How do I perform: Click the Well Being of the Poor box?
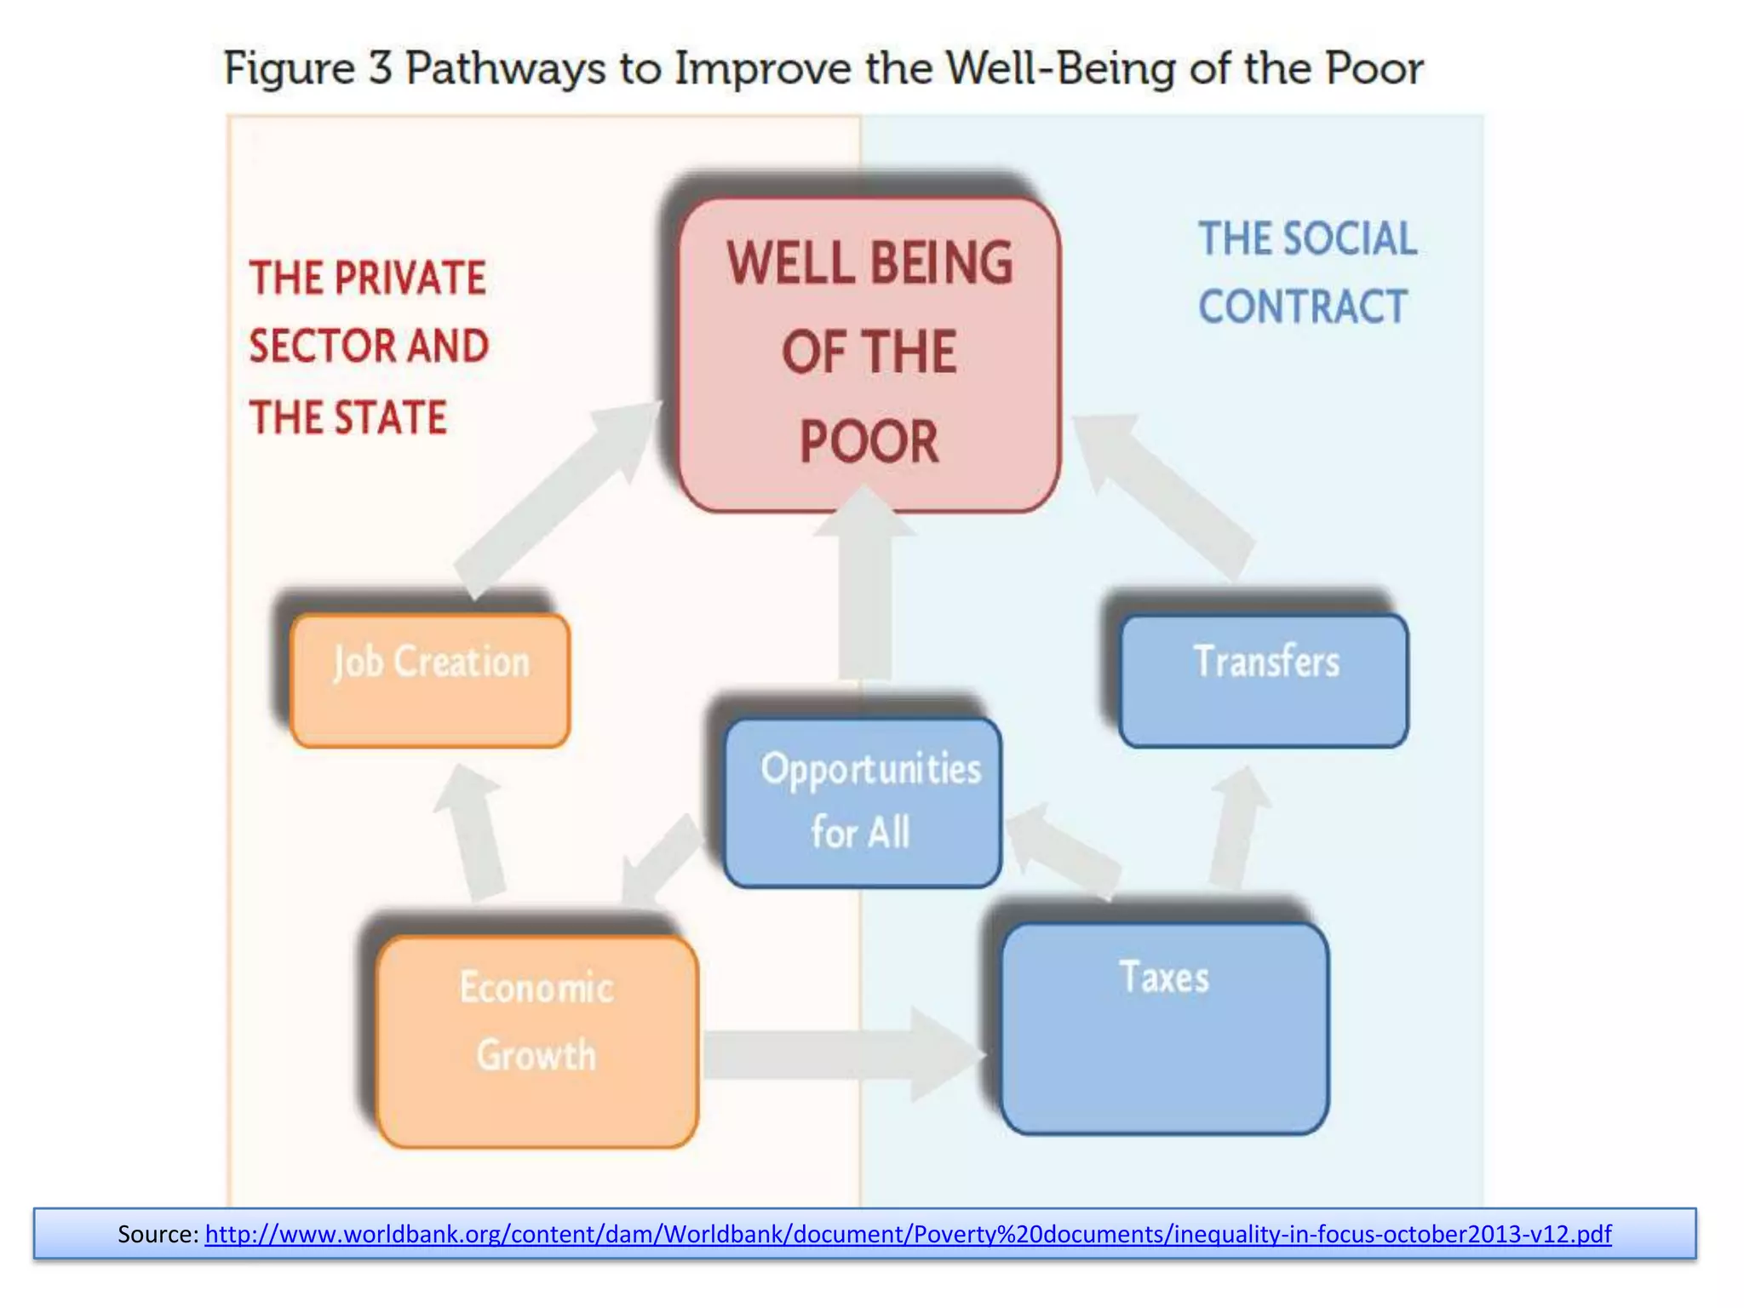(x=869, y=353)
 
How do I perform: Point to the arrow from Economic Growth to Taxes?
(x=843, y=1054)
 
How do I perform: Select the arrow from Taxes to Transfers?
(x=1236, y=826)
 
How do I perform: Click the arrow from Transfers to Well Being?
(x=1167, y=494)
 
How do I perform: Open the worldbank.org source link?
(x=908, y=1234)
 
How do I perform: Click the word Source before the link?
(x=158, y=1234)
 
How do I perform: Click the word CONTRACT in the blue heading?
(x=1302, y=307)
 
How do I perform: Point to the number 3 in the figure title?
(x=380, y=68)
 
